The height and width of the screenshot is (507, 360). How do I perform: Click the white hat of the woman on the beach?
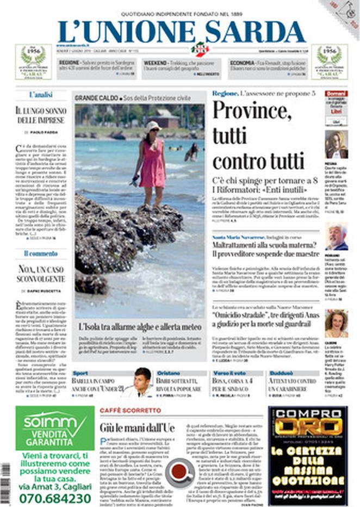(153, 126)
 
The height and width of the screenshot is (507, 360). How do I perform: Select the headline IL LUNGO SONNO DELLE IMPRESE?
(41, 115)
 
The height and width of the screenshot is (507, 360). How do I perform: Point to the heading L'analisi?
(41, 95)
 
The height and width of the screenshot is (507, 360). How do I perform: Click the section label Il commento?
(41, 253)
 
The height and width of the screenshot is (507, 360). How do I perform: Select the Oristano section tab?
(168, 374)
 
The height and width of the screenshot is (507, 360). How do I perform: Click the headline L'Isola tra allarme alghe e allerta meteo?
(139, 327)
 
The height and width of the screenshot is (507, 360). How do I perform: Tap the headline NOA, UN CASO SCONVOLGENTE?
(41, 273)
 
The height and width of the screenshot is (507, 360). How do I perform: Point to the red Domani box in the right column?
(336, 94)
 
